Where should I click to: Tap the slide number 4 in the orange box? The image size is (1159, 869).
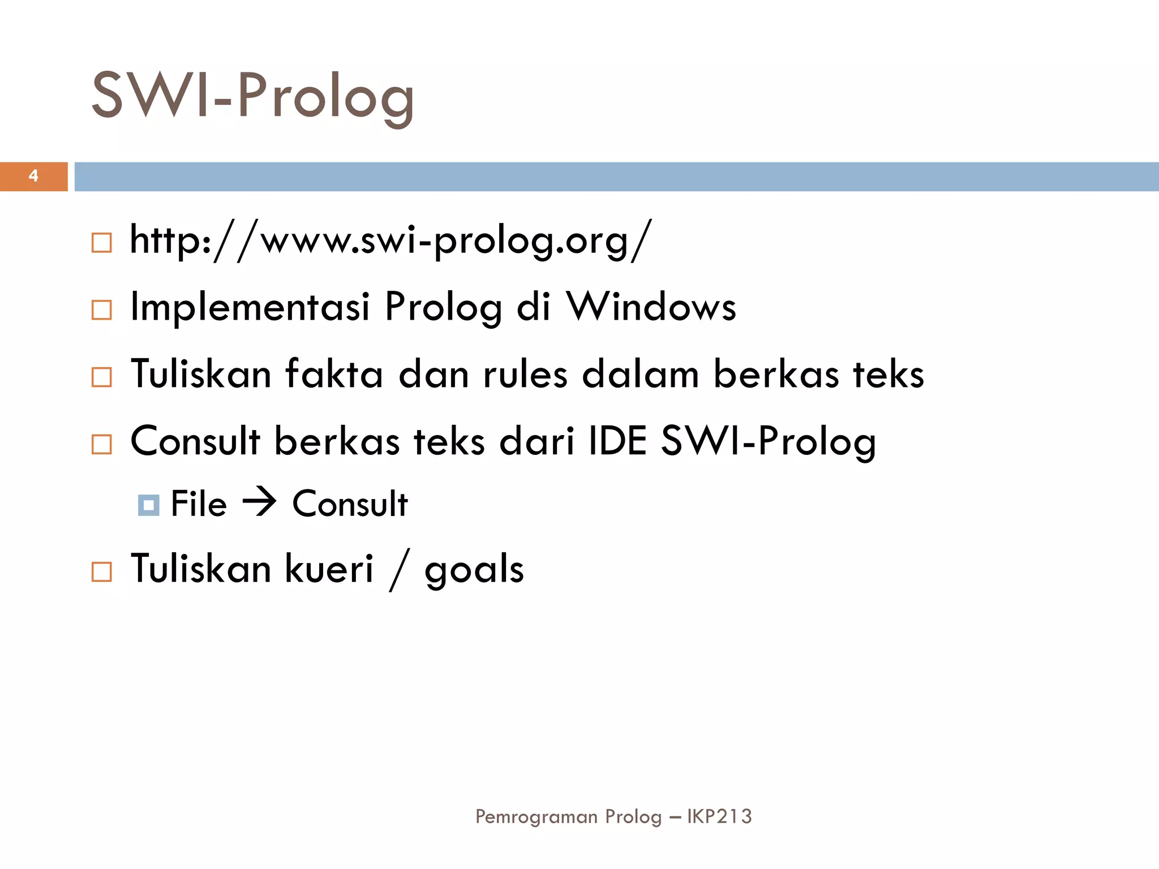click(x=33, y=176)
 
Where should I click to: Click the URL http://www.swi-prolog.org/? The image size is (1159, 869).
click(x=390, y=240)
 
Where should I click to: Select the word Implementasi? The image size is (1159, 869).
click(x=250, y=307)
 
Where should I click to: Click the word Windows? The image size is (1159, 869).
click(x=651, y=307)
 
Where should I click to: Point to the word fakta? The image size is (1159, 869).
click(x=334, y=374)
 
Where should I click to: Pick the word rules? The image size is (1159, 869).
click(x=525, y=374)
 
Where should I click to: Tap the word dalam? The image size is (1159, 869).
click(x=640, y=374)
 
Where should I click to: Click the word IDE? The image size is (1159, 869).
click(x=617, y=441)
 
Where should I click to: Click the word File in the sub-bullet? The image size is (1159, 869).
click(x=198, y=504)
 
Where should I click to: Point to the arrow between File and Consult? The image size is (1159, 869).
click(x=259, y=502)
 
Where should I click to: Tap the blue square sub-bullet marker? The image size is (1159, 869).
click(x=148, y=505)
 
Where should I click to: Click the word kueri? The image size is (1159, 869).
click(x=329, y=569)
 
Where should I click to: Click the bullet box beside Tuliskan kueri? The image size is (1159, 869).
click(x=102, y=571)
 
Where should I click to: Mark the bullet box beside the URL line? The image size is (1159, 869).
click(x=102, y=243)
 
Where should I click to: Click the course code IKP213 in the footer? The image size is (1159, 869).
click(x=719, y=816)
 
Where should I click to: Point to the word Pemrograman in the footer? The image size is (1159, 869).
click(x=536, y=817)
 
